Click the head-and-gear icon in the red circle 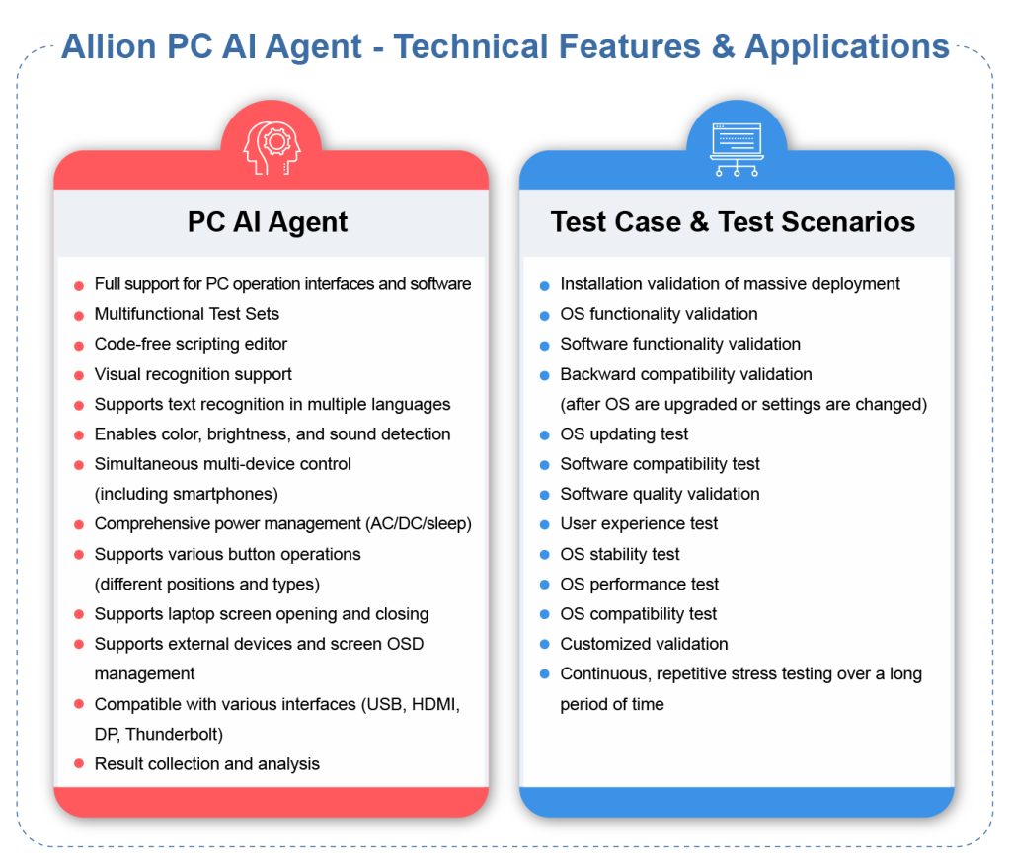[271, 148]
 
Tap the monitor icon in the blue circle [736, 148]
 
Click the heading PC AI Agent [268, 222]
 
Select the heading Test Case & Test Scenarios [733, 222]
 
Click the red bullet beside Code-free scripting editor [79, 346]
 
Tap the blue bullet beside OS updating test [545, 435]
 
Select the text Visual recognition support [193, 374]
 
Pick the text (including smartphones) [186, 494]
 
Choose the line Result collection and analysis [206, 764]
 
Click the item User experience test [639, 524]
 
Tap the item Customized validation [644, 644]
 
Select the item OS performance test [639, 585]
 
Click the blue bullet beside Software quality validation [545, 495]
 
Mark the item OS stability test [619, 555]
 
